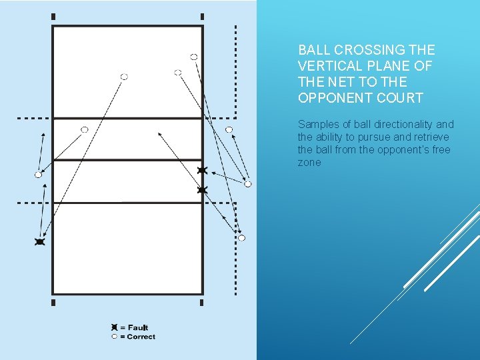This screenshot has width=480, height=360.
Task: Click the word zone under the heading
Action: [x=309, y=163]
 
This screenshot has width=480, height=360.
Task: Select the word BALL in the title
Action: [x=315, y=50]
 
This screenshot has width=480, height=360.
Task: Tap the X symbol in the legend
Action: [x=114, y=327]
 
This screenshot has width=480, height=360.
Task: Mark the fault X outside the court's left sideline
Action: [x=39, y=242]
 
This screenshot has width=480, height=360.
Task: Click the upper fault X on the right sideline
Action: [x=202, y=171]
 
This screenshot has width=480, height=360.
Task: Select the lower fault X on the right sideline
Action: [x=202, y=191]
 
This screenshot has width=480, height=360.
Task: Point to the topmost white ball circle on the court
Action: [x=193, y=57]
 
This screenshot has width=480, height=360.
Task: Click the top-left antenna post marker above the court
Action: [x=53, y=17]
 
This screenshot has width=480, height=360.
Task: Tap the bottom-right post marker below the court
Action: [x=202, y=302]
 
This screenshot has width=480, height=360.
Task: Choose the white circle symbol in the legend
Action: [x=114, y=337]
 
